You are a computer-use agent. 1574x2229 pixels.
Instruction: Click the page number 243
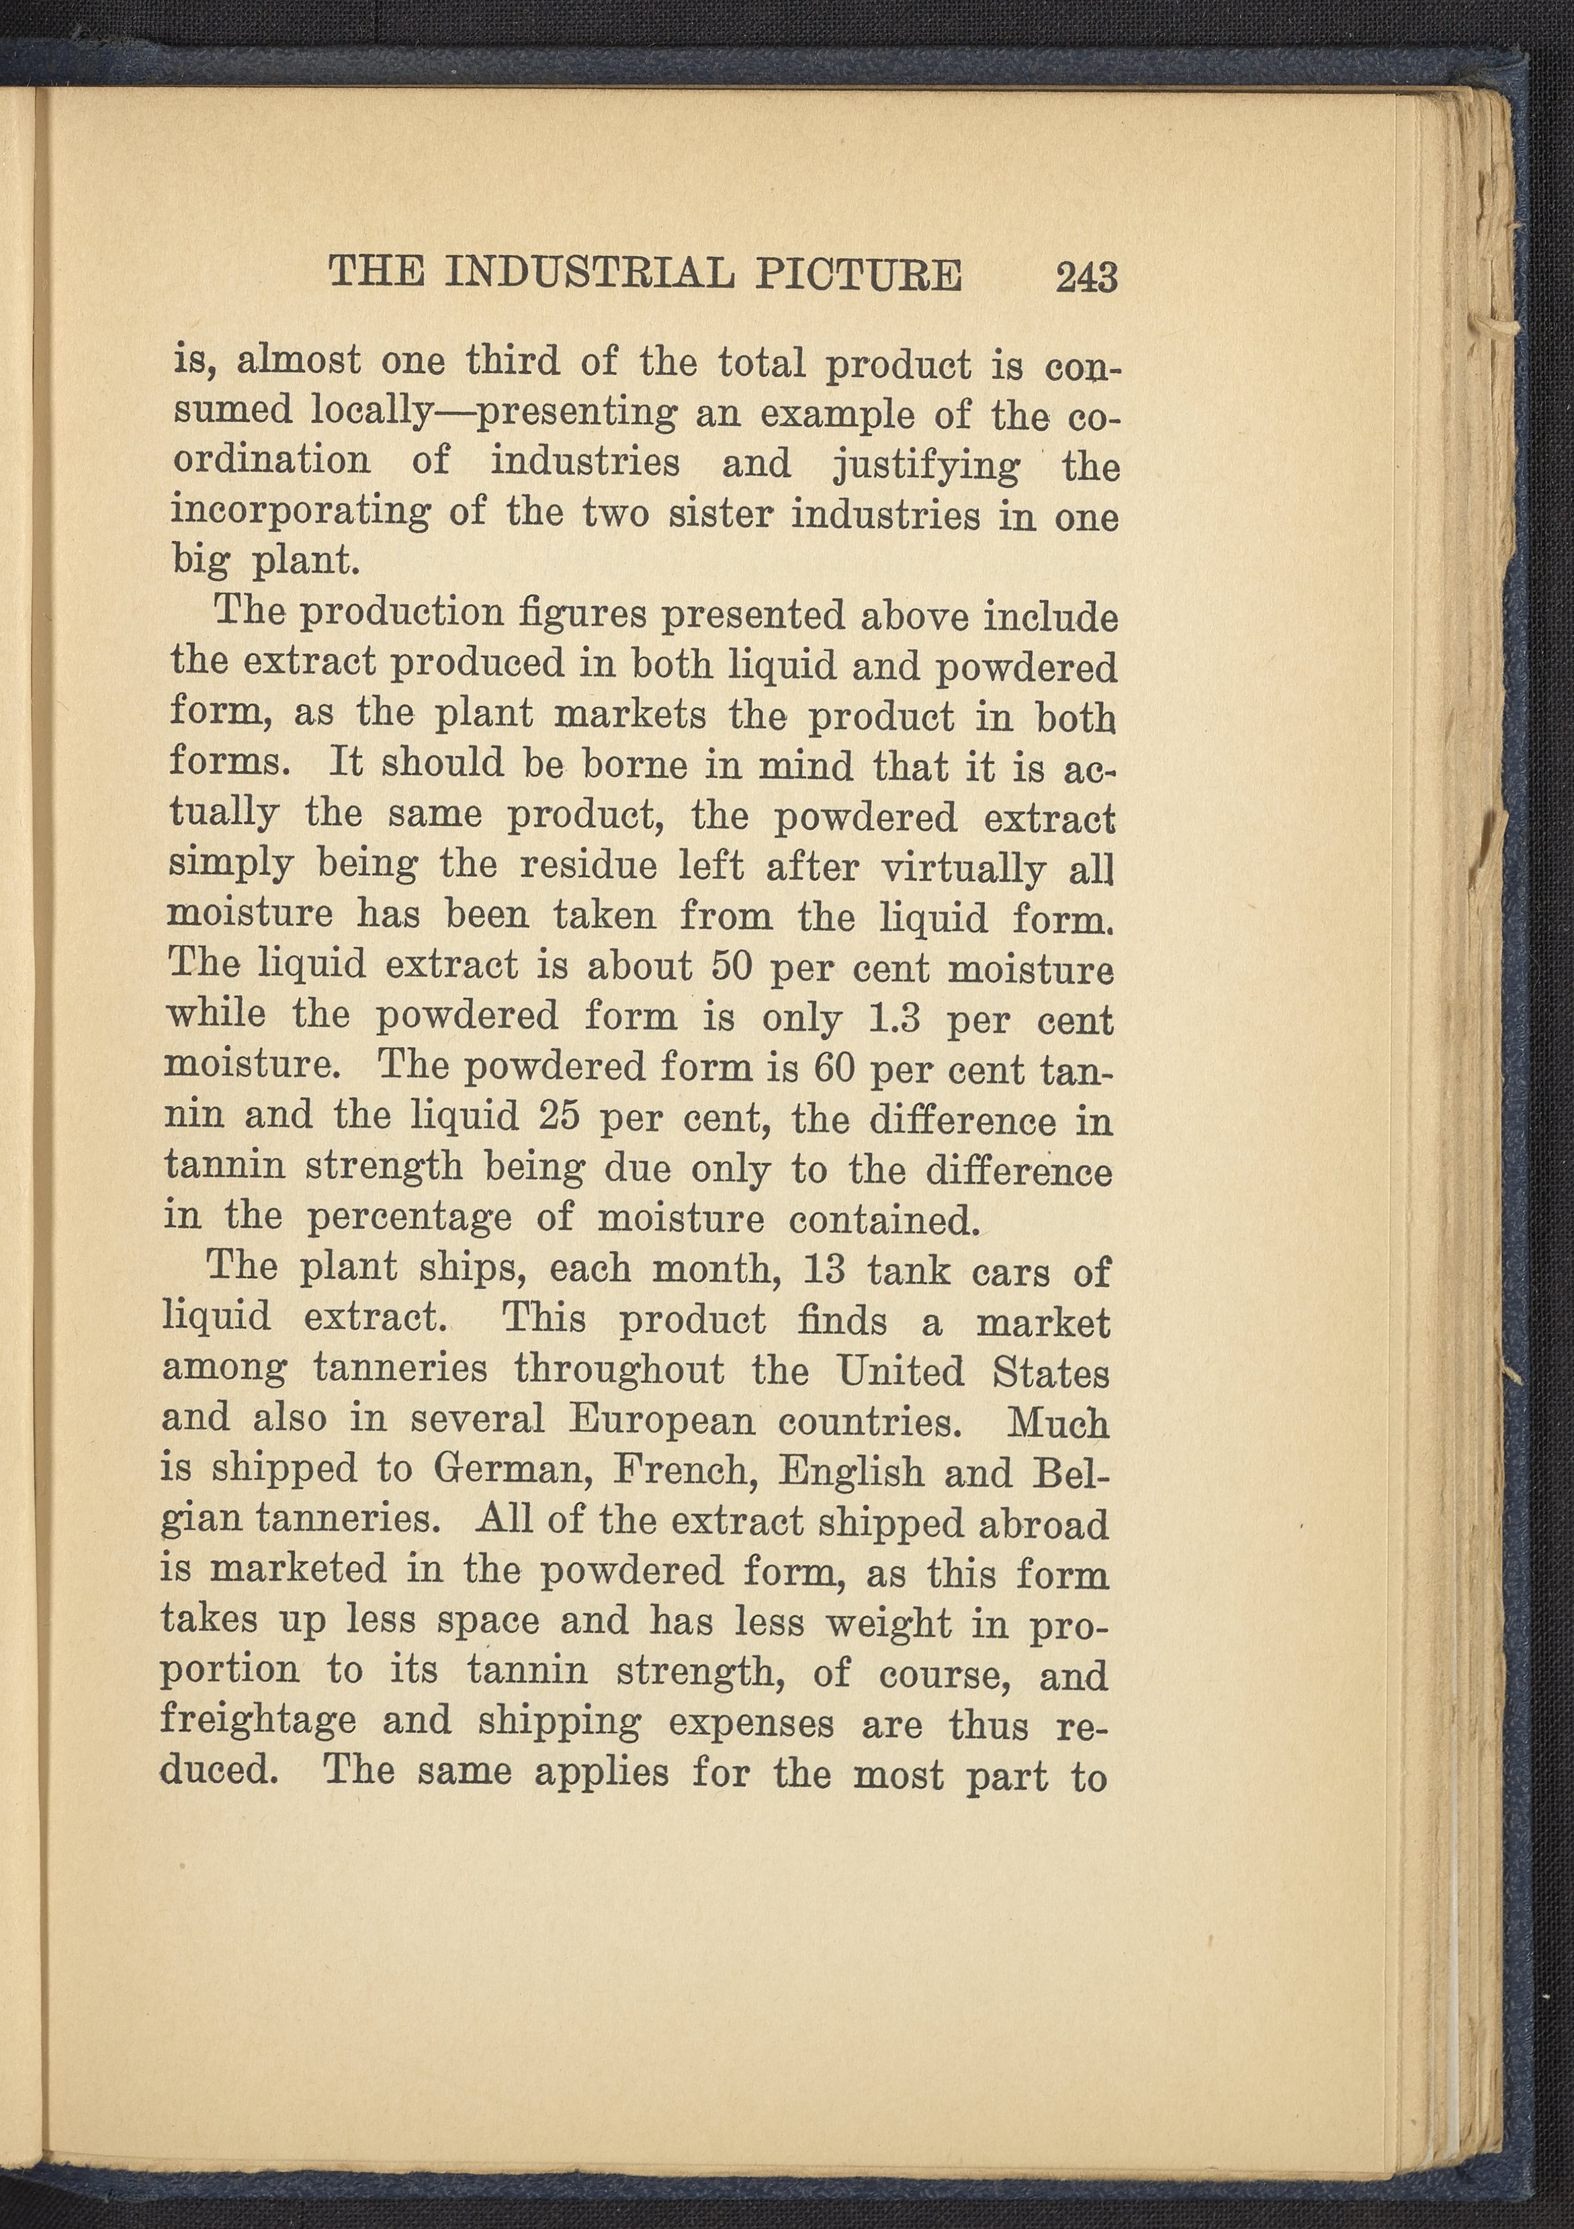(x=1087, y=278)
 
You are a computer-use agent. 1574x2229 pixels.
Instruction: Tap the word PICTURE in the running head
(x=858, y=275)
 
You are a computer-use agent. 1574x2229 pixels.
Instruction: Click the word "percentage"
(x=408, y=1218)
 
